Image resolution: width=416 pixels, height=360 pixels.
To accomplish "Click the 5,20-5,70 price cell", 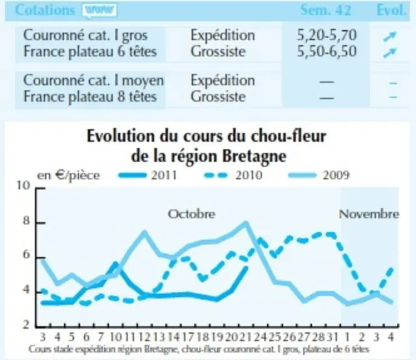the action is coord(327,35).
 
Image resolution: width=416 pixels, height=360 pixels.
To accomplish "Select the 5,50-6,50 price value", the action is coord(327,51).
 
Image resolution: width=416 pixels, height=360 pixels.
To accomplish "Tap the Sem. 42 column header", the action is coord(325,11).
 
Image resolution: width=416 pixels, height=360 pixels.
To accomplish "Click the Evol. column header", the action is coord(392,11).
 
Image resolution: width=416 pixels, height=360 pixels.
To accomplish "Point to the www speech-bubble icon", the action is coord(99,11).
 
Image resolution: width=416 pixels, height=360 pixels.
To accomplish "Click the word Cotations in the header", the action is coord(45,11).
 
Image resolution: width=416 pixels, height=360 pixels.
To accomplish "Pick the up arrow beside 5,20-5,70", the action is coord(390,37).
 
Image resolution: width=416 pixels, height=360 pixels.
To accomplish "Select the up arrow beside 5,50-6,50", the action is coord(390,53).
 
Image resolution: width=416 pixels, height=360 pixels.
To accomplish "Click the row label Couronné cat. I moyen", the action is coord(94,80).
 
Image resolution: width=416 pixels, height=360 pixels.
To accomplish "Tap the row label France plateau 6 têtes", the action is coord(90,51).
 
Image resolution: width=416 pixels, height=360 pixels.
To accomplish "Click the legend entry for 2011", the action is coord(147,175).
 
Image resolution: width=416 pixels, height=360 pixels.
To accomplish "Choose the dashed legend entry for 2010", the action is coord(234,175).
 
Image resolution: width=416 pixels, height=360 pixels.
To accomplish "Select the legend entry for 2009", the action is coord(319,175).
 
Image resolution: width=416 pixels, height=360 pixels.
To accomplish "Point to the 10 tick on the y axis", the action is coord(24,185).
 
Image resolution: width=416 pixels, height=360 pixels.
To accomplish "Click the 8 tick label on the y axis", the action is coord(26,221).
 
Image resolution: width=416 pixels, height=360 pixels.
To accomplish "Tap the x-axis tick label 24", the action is coord(260,337).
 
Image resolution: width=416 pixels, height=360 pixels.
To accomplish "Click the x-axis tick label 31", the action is coord(332,337).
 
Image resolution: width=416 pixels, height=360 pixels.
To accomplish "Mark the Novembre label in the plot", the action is coord(369,214).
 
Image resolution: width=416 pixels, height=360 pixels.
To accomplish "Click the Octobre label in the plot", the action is coord(192,214).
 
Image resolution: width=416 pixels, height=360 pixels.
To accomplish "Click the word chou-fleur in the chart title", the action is coord(289,136).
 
